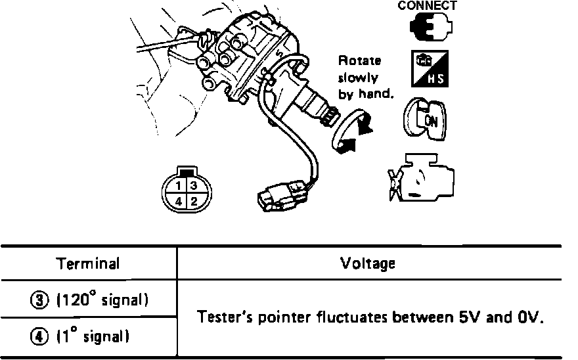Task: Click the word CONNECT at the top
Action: click(x=427, y=5)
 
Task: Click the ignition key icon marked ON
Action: click(x=426, y=118)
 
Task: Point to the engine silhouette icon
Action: click(x=420, y=177)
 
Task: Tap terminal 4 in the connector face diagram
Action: click(x=178, y=201)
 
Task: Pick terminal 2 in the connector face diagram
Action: click(x=194, y=201)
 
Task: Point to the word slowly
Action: click(x=358, y=78)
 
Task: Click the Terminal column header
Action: click(x=88, y=264)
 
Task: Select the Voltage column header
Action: click(x=368, y=264)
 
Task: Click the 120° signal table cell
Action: click(x=88, y=300)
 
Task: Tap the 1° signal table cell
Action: click(x=88, y=338)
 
